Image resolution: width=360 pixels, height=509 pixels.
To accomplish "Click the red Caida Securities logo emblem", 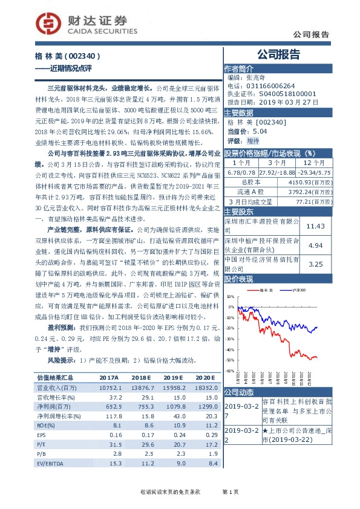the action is [48, 22].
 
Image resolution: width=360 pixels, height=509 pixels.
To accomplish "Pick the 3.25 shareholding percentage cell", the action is [316, 264].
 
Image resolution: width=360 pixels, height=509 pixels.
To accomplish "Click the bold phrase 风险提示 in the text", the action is [61, 361].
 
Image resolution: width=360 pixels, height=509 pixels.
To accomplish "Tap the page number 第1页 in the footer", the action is [231, 494].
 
